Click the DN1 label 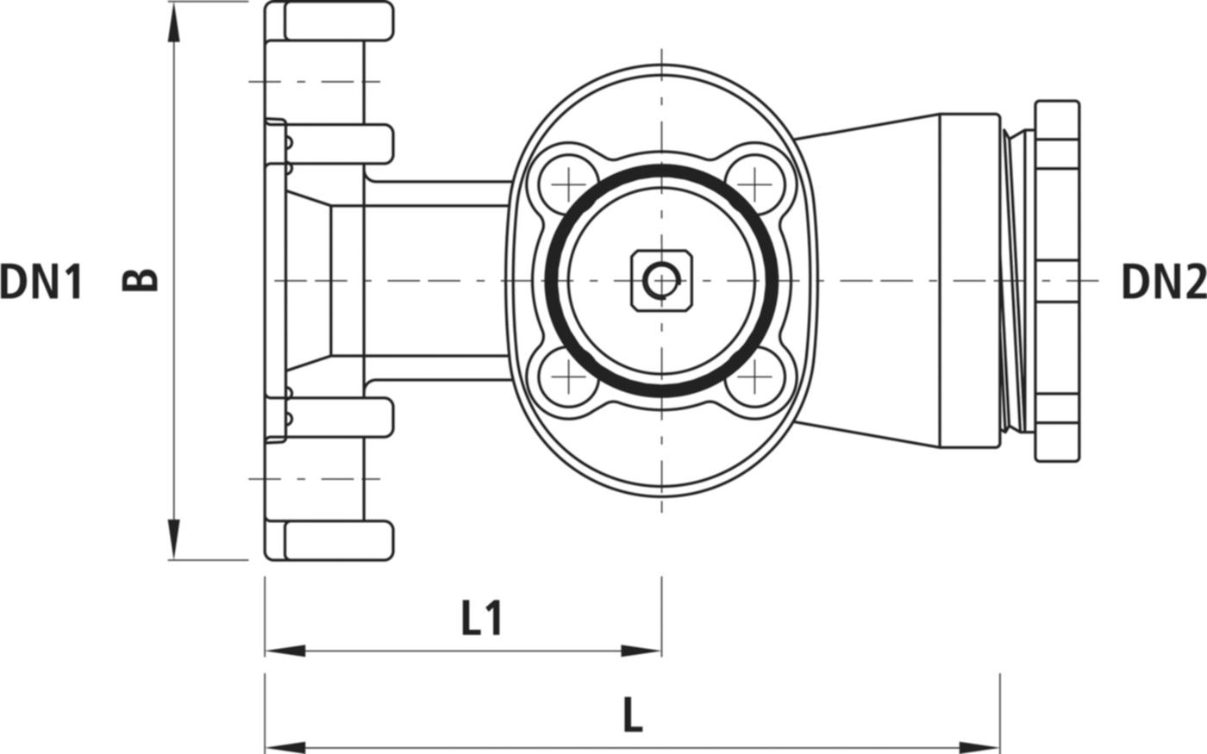click(x=41, y=282)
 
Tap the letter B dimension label click(x=141, y=280)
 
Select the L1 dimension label click(x=481, y=619)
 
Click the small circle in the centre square click(x=661, y=280)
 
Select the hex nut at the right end click(x=1057, y=280)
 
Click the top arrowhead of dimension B click(x=174, y=26)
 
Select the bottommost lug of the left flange click(x=336, y=540)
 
